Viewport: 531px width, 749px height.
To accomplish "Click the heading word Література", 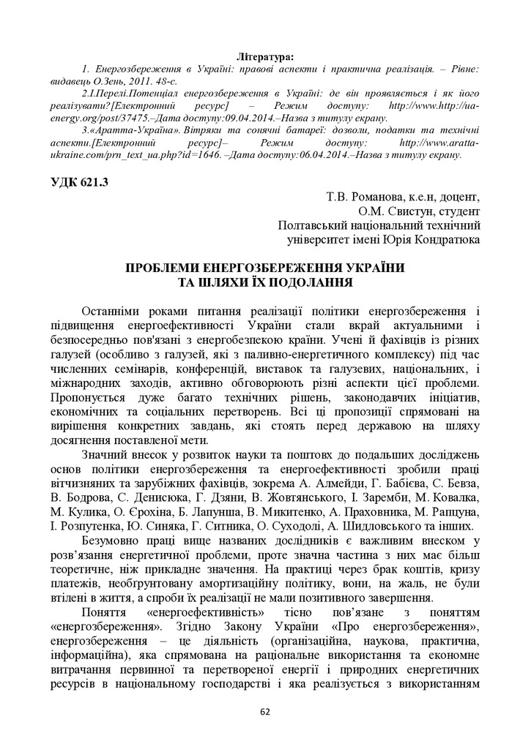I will pos(266,55).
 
